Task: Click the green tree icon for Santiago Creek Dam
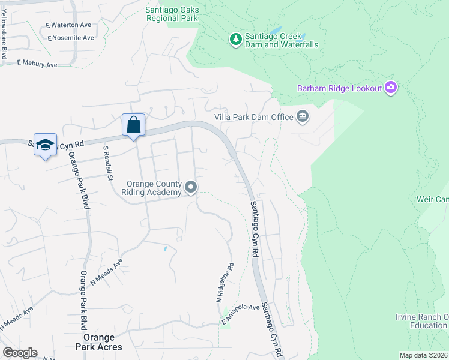[236, 40]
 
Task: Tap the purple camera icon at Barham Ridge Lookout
[391, 88]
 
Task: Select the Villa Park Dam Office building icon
[303, 116]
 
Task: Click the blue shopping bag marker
[133, 125]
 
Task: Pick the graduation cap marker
[45, 145]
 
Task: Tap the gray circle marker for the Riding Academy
[191, 188]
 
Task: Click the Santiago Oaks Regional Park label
[171, 13]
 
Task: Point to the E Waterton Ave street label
[68, 25]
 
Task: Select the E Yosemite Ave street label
[70, 38]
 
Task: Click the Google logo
[20, 353]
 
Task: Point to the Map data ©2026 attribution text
[423, 355]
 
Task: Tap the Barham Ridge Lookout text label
[340, 89]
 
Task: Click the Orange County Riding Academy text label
[153, 188]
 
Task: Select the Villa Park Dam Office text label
[253, 117]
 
